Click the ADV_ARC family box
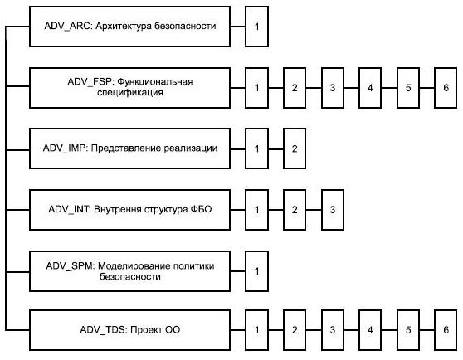point(130,27)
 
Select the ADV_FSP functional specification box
point(130,88)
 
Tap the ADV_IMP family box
point(130,148)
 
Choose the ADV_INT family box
point(130,210)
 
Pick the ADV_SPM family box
point(130,271)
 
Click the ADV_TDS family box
point(130,330)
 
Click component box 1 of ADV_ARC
point(256,27)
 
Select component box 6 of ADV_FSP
point(446,88)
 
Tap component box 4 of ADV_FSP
point(370,88)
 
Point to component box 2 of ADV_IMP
point(295,148)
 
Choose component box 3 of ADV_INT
point(333,210)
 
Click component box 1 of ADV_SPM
point(256,271)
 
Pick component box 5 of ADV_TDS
point(408,330)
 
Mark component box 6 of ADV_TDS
point(446,330)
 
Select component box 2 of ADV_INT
point(295,210)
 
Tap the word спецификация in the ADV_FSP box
point(130,93)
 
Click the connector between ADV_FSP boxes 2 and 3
point(314,88)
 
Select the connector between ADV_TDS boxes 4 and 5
point(389,330)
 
